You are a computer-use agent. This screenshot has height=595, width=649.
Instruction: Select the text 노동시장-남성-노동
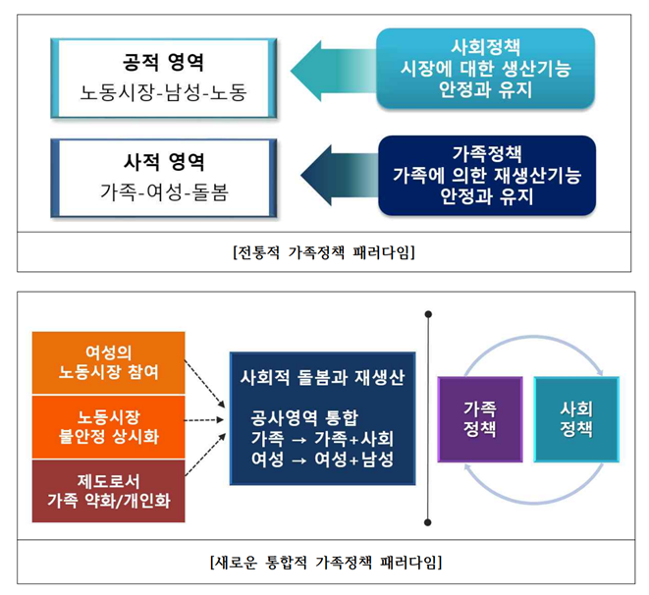164,93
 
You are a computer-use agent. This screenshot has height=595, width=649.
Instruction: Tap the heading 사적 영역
164,159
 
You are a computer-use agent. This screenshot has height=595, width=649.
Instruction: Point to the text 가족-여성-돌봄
164,192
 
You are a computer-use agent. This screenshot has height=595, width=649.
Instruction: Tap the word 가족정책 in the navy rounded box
487,153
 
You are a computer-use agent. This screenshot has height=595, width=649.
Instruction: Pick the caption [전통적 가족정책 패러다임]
324,252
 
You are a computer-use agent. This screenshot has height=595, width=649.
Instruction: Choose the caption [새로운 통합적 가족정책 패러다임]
325,563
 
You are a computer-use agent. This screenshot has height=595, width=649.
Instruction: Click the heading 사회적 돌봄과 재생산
322,377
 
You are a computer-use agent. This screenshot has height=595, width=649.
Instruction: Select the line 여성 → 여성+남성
322,459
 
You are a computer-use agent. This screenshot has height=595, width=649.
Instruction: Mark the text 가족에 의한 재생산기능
487,174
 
